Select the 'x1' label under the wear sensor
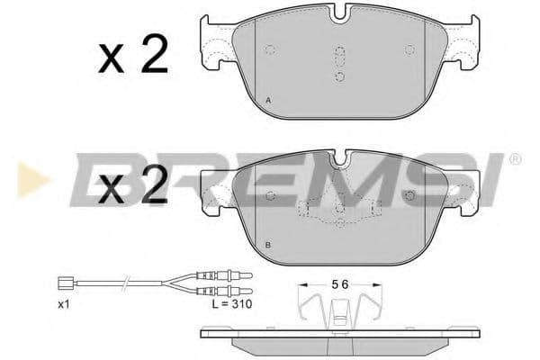(x=64, y=305)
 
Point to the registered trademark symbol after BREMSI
(x=514, y=159)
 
